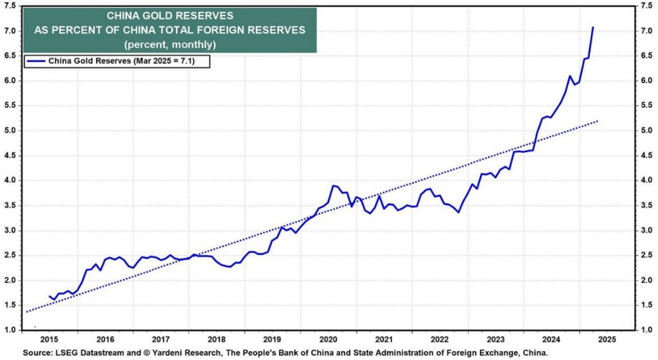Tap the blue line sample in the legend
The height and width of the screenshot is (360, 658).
36,61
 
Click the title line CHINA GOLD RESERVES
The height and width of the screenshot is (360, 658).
169,16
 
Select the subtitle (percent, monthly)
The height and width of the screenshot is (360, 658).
169,45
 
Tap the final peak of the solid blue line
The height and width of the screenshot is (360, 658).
593,27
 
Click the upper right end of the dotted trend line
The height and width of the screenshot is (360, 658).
598,121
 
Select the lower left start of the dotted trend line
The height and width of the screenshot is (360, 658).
27,312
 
